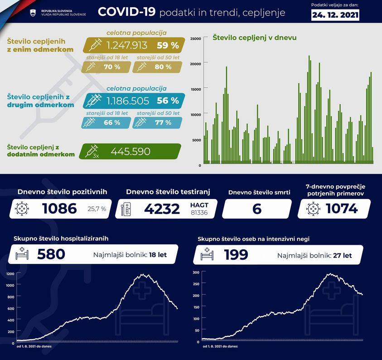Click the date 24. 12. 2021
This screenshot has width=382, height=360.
(335, 15)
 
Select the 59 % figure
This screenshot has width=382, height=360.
(168, 45)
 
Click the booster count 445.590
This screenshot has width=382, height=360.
(131, 152)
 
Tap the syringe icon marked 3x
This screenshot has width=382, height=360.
(92, 151)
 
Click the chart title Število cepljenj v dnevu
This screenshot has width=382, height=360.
(255, 38)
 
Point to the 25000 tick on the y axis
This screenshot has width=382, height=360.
(196, 39)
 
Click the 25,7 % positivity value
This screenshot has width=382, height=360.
(97, 209)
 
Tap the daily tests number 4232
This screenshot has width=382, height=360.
(162, 209)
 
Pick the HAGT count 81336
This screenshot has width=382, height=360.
(199, 212)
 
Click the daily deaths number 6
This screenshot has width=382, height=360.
(257, 209)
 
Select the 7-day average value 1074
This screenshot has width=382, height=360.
(342, 209)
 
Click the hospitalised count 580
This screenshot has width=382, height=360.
(51, 254)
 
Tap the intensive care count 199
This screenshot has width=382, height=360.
(236, 254)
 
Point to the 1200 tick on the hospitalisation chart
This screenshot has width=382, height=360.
(10, 274)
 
